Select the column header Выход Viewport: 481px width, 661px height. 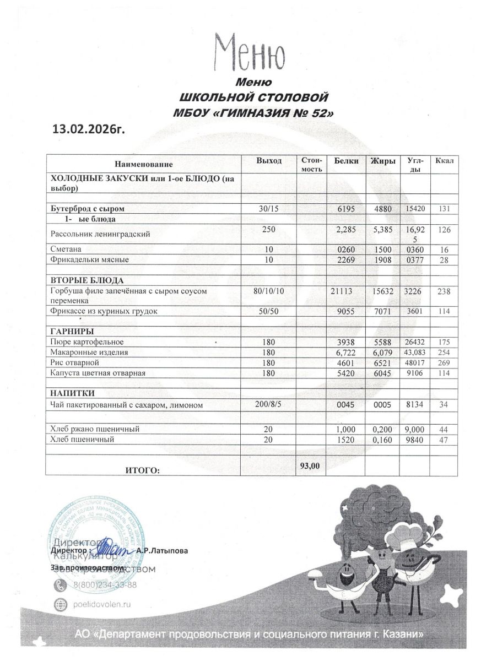click(269, 160)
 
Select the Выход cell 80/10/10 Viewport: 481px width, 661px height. click(268, 290)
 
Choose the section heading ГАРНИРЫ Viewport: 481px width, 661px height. click(72, 332)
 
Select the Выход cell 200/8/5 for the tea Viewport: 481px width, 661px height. click(269, 404)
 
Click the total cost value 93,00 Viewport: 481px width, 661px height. click(310, 465)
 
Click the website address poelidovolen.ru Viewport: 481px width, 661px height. click(99, 604)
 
